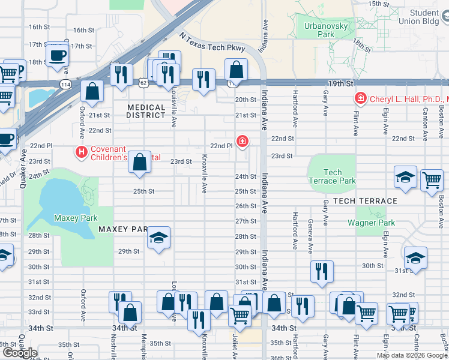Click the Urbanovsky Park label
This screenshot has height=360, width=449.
[x=319, y=30]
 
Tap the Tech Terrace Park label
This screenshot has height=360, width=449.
[x=332, y=176]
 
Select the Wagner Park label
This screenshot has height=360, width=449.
[x=371, y=223]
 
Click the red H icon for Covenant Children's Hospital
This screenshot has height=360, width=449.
[x=81, y=153]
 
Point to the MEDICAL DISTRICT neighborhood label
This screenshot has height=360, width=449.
[x=146, y=111]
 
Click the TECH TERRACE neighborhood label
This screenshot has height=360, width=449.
[x=365, y=201]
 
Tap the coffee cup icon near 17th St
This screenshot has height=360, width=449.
[x=58, y=56]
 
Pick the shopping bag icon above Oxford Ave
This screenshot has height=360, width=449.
[x=92, y=92]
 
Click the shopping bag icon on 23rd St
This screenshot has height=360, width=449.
[x=139, y=163]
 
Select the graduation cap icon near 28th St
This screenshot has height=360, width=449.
[x=158, y=238]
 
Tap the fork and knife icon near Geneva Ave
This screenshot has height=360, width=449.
[x=322, y=271]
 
